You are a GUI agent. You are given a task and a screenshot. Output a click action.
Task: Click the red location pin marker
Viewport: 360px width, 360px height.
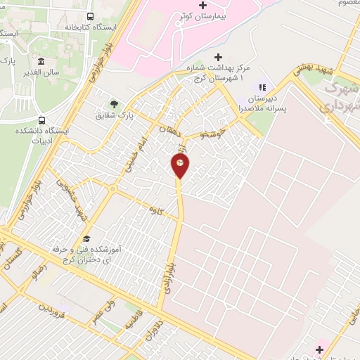(x=180, y=166)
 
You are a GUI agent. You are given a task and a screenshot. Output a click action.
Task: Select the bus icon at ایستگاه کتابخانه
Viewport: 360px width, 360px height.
(x=90, y=16)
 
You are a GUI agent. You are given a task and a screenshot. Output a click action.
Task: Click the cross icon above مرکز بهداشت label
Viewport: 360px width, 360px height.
(x=218, y=58)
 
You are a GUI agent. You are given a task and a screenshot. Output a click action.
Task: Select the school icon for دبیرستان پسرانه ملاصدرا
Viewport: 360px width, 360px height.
(x=262, y=87)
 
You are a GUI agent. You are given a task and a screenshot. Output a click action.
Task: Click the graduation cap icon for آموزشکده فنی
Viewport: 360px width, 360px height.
(x=86, y=238)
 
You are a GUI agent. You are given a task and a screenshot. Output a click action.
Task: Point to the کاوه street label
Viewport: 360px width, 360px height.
(x=155, y=209)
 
